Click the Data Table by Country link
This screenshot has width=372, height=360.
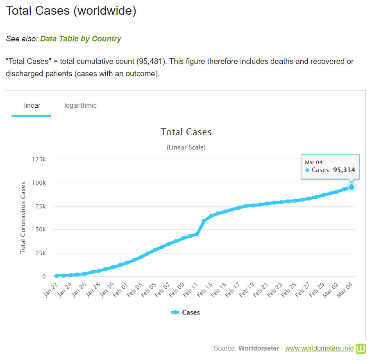[x=80, y=39]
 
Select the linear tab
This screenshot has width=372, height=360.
[x=32, y=106]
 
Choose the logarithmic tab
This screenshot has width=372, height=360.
[x=80, y=106]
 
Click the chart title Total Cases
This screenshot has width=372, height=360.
[x=186, y=132]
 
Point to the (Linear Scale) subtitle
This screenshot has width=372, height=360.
[x=186, y=147]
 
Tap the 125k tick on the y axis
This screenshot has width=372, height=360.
[x=39, y=159]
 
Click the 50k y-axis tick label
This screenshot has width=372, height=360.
[x=40, y=230]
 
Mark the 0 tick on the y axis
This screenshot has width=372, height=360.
[x=44, y=277]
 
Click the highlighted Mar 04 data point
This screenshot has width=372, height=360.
[x=351, y=187]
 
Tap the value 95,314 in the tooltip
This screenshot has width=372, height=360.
[x=344, y=170]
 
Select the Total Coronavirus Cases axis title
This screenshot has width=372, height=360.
[x=23, y=218]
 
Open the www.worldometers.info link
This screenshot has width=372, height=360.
[x=319, y=349]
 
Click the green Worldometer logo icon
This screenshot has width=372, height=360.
[x=361, y=349]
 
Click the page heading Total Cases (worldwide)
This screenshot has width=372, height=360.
[x=71, y=11]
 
